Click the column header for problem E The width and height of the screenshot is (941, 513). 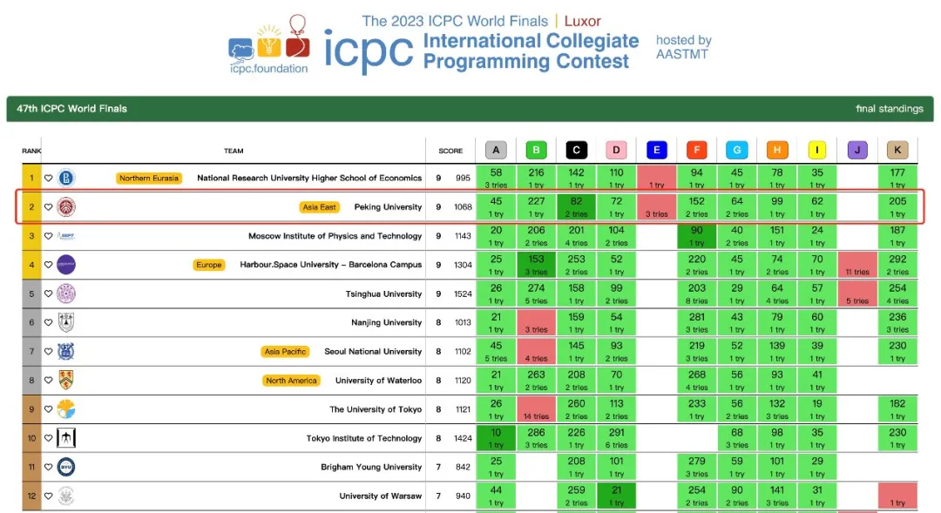tap(656, 151)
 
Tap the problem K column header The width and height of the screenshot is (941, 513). tap(897, 151)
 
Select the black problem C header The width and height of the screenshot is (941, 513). tap(576, 151)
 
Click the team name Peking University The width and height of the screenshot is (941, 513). tap(388, 207)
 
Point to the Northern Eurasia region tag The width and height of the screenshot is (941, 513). tap(149, 179)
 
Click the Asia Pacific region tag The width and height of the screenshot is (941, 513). tap(284, 352)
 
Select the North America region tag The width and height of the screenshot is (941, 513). tap(291, 381)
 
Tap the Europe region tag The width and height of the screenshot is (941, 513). tap(209, 265)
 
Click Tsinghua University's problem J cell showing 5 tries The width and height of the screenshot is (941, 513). tap(857, 294)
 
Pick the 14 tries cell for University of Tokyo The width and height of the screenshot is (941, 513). tap(536, 410)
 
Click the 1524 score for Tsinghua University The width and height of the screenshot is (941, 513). tap(464, 294)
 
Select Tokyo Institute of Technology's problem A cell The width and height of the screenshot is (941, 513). tap(496, 438)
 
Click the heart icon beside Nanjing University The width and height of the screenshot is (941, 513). tap(49, 323)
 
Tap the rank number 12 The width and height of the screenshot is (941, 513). tap(31, 496)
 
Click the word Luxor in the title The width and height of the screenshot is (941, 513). tap(582, 21)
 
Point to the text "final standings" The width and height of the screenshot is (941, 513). tap(889, 109)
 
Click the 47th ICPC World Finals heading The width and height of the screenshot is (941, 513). tap(71, 109)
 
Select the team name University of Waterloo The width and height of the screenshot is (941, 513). tap(378, 381)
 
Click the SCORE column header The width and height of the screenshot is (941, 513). tap(450, 151)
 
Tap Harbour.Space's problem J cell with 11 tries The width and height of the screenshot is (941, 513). tap(857, 265)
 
